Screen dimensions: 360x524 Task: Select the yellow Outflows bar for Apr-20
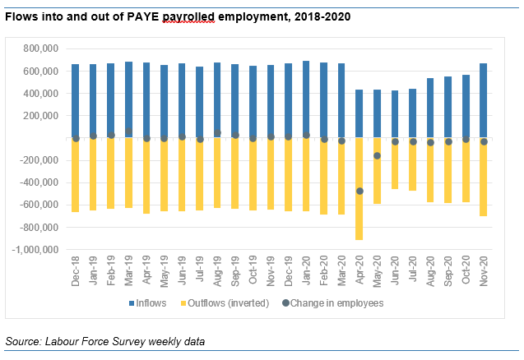click(x=359, y=188)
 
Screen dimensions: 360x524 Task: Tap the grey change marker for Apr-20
click(x=359, y=191)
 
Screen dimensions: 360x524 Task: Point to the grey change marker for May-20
click(x=377, y=155)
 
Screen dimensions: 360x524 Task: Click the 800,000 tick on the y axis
click(x=39, y=48)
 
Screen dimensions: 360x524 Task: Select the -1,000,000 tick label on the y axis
click(x=35, y=249)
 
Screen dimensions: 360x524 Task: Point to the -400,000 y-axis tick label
click(x=38, y=182)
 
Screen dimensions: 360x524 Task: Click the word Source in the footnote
click(x=22, y=340)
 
